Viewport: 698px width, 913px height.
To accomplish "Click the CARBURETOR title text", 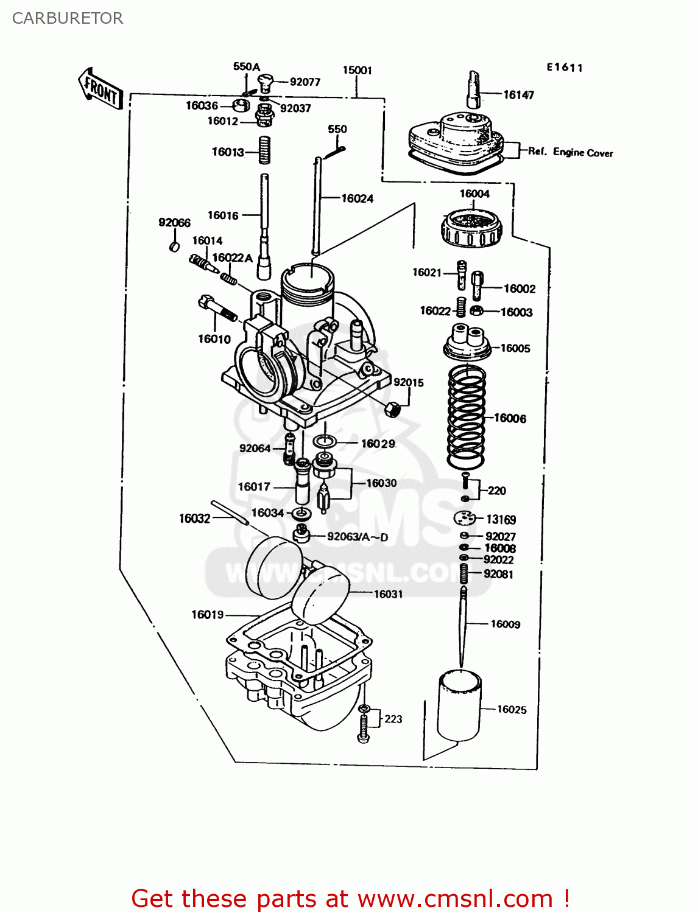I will [68, 18].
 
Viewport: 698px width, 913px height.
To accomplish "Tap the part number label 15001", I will [357, 70].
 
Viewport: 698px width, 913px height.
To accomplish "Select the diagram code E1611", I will [564, 68].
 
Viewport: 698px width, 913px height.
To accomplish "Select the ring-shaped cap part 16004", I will [471, 228].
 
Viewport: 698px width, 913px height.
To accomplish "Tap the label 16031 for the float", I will [388, 594].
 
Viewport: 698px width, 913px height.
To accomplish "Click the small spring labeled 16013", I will [264, 150].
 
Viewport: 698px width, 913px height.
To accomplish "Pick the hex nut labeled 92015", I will [393, 409].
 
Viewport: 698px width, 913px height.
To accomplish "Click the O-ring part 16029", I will [325, 441].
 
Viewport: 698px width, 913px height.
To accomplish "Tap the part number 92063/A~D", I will [357, 536].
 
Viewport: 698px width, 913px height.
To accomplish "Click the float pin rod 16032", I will [230, 512].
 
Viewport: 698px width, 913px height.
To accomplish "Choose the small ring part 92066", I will [174, 247].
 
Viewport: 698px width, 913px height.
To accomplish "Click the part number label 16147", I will [518, 94].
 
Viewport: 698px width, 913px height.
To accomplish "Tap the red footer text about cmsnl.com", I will [350, 898].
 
